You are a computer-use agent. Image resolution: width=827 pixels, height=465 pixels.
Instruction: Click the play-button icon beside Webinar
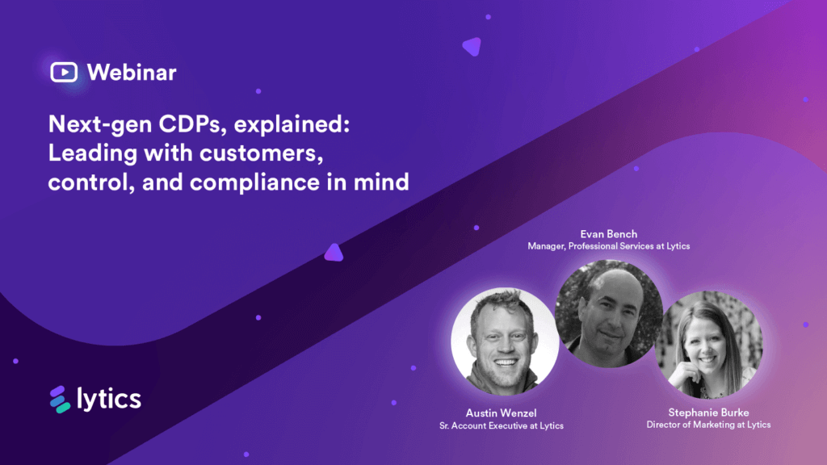click(x=64, y=72)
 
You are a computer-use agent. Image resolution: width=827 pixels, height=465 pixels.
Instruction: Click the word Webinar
click(x=131, y=72)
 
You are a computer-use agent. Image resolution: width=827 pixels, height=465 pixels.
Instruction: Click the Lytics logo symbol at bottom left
click(x=60, y=399)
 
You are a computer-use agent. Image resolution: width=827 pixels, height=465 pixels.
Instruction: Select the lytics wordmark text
click(x=109, y=398)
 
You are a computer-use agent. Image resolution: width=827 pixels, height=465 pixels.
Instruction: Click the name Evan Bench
click(x=608, y=234)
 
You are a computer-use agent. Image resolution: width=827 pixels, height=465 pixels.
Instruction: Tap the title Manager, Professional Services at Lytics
click(x=608, y=246)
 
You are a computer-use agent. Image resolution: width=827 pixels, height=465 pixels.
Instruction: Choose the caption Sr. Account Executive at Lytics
click(x=496, y=425)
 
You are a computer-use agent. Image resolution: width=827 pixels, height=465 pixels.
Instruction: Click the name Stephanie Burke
click(x=708, y=413)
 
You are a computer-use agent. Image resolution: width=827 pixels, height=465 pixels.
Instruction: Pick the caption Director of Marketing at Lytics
click(x=708, y=425)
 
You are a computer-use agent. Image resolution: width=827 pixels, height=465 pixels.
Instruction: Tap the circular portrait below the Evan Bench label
click(x=608, y=311)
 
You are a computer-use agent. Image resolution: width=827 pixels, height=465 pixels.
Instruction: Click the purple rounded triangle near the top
click(x=472, y=47)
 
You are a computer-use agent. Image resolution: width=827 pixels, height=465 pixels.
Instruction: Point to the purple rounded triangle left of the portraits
click(x=334, y=253)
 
